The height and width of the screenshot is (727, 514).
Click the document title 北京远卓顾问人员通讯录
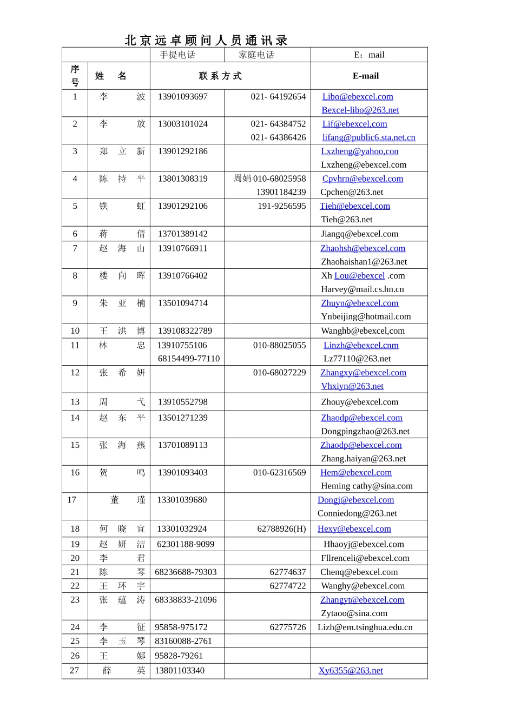tap(206, 41)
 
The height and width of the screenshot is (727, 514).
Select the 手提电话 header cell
tap(177, 55)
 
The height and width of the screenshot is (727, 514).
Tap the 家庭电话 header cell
tap(256, 55)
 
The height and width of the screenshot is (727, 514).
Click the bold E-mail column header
tap(366, 76)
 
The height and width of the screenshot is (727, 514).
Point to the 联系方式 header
tap(220, 76)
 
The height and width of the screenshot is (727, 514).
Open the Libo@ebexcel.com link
tap(358, 97)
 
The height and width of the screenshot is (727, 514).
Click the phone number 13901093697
tap(183, 97)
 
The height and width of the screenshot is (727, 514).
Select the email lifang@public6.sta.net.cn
tap(369, 137)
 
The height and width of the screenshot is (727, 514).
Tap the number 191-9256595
tap(281, 206)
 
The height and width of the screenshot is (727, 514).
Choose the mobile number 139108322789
tap(185, 331)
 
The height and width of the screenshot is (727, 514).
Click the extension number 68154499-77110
tap(189, 359)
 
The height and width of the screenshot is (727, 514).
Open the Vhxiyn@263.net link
tap(352, 386)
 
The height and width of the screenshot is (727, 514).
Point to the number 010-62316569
tap(279, 473)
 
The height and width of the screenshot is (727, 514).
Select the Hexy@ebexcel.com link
tap(354, 529)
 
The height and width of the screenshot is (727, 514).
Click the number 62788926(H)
tap(281, 529)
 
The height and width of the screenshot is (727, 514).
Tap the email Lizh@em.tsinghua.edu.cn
tap(365, 627)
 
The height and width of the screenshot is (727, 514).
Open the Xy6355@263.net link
tap(351, 671)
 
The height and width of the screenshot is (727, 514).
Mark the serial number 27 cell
tap(75, 671)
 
